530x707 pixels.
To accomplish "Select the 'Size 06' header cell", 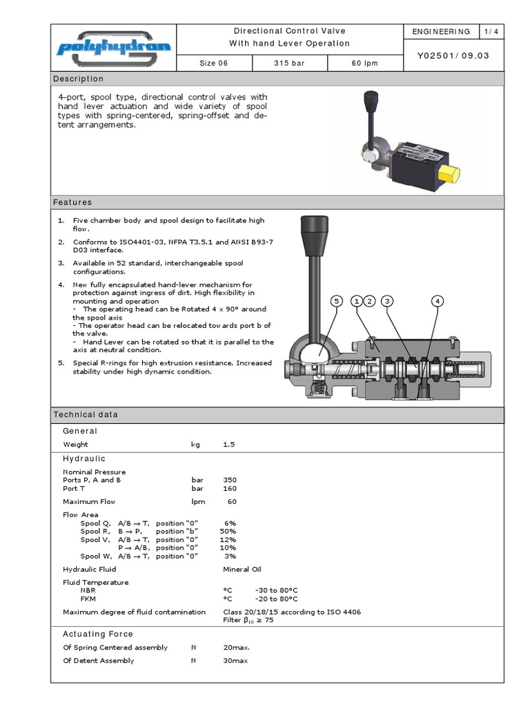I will click(213, 63).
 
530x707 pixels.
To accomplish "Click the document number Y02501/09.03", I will click(453, 56).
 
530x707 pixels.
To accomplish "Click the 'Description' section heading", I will click(79, 79).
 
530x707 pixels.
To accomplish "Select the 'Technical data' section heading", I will click(86, 414).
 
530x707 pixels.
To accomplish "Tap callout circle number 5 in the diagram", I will click(337, 301).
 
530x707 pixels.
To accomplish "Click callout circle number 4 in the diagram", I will click(438, 301).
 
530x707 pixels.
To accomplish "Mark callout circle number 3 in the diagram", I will click(387, 301).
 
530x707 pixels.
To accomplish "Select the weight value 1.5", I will click(229, 445).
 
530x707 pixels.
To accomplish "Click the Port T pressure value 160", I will click(229, 488).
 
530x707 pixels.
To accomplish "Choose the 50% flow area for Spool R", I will click(228, 531).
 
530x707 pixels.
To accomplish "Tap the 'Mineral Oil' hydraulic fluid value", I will click(242, 569).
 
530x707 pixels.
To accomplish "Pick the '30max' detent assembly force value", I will click(235, 661).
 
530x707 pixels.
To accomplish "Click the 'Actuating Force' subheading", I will click(98, 634).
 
